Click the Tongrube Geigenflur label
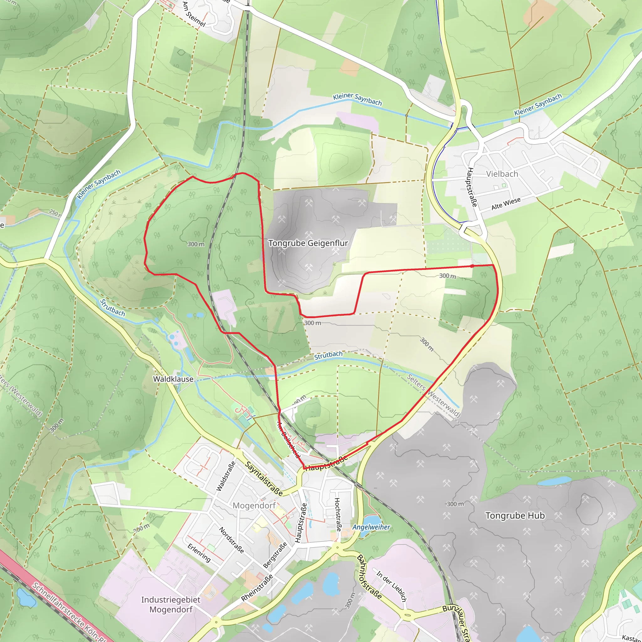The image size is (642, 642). tap(308, 243)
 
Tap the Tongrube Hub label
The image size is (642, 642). tap(515, 516)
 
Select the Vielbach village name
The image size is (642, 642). tap(502, 174)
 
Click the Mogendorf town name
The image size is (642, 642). tap(254, 505)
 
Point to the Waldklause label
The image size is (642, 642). tap(173, 379)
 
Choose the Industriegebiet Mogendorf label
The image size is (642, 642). tap(171, 604)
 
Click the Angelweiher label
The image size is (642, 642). tap(371, 527)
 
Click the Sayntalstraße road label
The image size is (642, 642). tap(264, 478)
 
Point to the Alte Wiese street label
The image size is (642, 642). tap(506, 204)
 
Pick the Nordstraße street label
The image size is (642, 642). tap(232, 540)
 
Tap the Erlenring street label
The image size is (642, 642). tap(199, 553)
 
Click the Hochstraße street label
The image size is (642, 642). tap(338, 514)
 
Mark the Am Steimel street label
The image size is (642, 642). tap(194, 14)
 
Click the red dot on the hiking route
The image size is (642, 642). tap(472, 266)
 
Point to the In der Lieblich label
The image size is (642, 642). tap(392, 586)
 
